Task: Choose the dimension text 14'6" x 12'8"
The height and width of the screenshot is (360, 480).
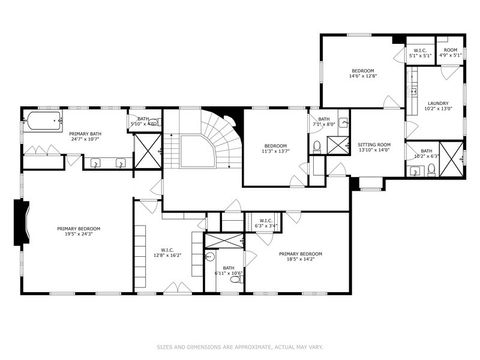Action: click(362, 76)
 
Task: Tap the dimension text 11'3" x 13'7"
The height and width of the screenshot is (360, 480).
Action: click(275, 152)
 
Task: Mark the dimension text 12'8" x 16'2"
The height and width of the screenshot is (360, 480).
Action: click(167, 256)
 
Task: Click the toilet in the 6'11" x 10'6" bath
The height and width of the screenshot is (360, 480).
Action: click(235, 279)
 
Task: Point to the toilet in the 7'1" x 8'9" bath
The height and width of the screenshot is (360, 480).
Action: click(317, 147)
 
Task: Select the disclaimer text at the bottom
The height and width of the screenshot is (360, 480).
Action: click(239, 348)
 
